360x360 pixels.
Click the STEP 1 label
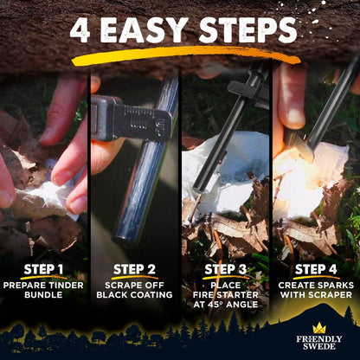click(x=43, y=269)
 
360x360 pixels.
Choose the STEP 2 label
click(x=134, y=269)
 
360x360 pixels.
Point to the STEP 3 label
click(x=225, y=269)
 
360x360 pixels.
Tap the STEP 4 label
click(x=316, y=269)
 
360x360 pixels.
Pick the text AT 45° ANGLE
click(x=225, y=305)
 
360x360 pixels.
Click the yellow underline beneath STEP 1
click(x=43, y=279)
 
